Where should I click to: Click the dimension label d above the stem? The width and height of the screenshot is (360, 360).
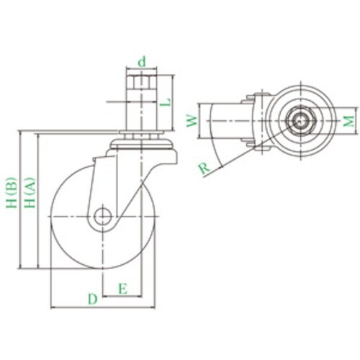point(142,62)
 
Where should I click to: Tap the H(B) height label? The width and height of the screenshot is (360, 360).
point(12,192)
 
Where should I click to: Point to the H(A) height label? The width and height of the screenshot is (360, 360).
point(30,192)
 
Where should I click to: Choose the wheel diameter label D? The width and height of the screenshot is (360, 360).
point(93,299)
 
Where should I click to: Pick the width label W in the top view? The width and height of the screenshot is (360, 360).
point(192,121)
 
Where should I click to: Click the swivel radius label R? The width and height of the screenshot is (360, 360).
point(204,168)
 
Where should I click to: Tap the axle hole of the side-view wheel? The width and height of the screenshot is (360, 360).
point(103,217)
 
